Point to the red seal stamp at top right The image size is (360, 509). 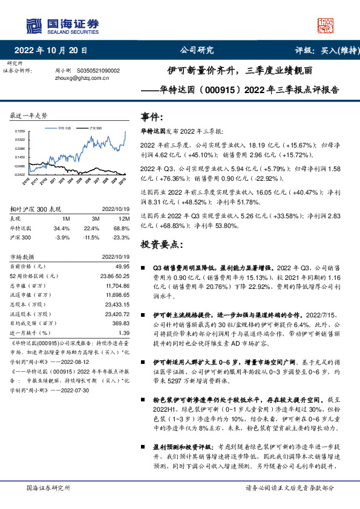click(x=326, y=25)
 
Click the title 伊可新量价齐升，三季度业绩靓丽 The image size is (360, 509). click(x=240, y=70)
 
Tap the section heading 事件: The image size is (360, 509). click(x=152, y=117)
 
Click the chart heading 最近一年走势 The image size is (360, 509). click(x=30, y=115)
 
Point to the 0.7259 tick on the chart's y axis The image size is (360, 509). click(x=21, y=131)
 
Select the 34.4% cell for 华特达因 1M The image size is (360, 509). click(x=62, y=229)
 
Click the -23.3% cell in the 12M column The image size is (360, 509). click(x=122, y=238)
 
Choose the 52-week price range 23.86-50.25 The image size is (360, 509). click(x=114, y=276)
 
